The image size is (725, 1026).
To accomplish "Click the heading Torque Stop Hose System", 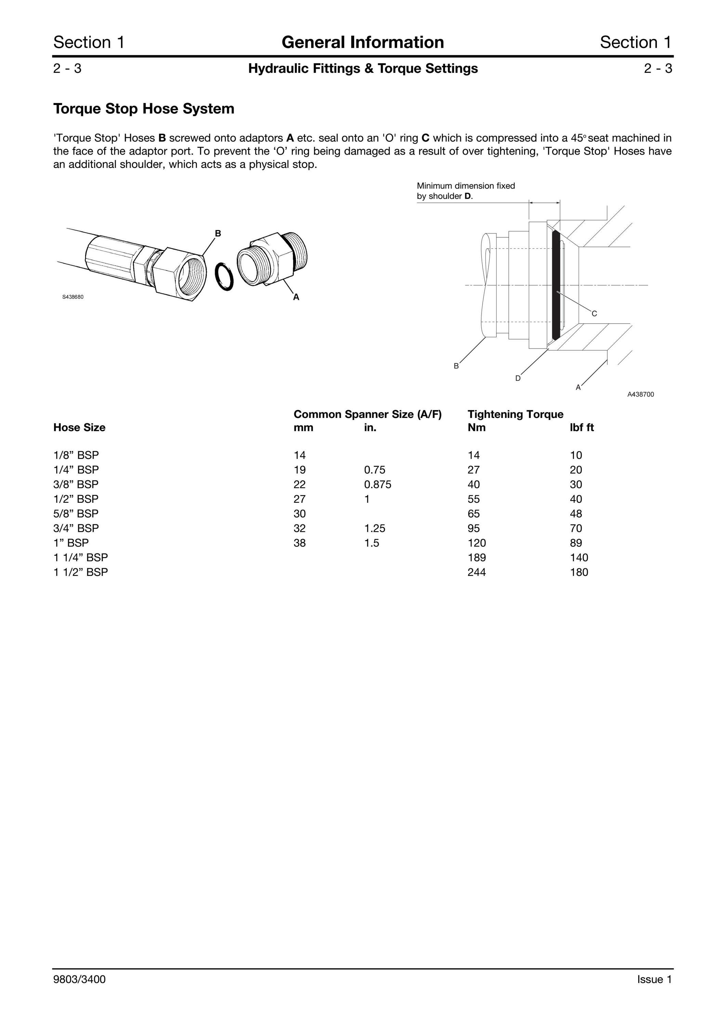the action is tap(144, 109).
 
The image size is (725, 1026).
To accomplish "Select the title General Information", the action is tap(363, 42).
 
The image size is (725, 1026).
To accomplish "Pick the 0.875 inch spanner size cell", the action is tap(378, 484).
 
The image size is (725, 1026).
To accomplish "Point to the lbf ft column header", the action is tap(582, 428).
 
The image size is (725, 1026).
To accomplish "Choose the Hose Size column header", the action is tap(80, 428).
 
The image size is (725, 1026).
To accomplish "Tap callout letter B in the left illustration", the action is tap(218, 233).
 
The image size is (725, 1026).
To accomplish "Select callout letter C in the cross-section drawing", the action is tap(594, 314).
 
